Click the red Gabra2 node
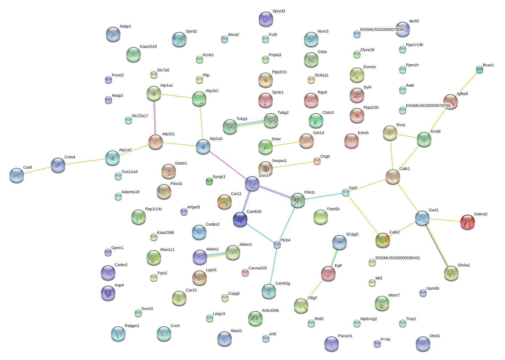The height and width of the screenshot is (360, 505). [x=468, y=222]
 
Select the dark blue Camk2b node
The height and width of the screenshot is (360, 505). [x=240, y=219]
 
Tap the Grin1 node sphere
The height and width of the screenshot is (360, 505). [x=252, y=183]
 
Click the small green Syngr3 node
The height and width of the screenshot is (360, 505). [x=209, y=181]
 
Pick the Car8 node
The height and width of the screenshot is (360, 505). [x=17, y=175]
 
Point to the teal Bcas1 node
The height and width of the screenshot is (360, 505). [x=480, y=70]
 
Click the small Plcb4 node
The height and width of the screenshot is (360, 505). [x=277, y=245]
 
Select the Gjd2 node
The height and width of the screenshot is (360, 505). [x=346, y=193]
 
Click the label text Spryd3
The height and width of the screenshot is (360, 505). [x=279, y=11]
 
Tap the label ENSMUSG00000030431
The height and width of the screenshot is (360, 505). [x=398, y=258]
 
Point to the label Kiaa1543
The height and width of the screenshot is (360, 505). [x=148, y=47]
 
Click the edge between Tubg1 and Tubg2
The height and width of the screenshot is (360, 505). [x=250, y=124]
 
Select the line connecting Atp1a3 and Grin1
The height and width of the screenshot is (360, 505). [x=228, y=165]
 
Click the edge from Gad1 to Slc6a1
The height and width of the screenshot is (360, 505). [x=437, y=245]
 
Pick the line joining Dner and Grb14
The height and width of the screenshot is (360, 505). [x=286, y=144]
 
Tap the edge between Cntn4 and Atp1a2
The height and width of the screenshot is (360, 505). [x=85, y=162]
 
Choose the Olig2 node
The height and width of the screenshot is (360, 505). [x=301, y=306]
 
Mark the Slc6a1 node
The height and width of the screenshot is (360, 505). [x=451, y=273]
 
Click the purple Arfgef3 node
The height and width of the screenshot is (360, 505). [x=184, y=212]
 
